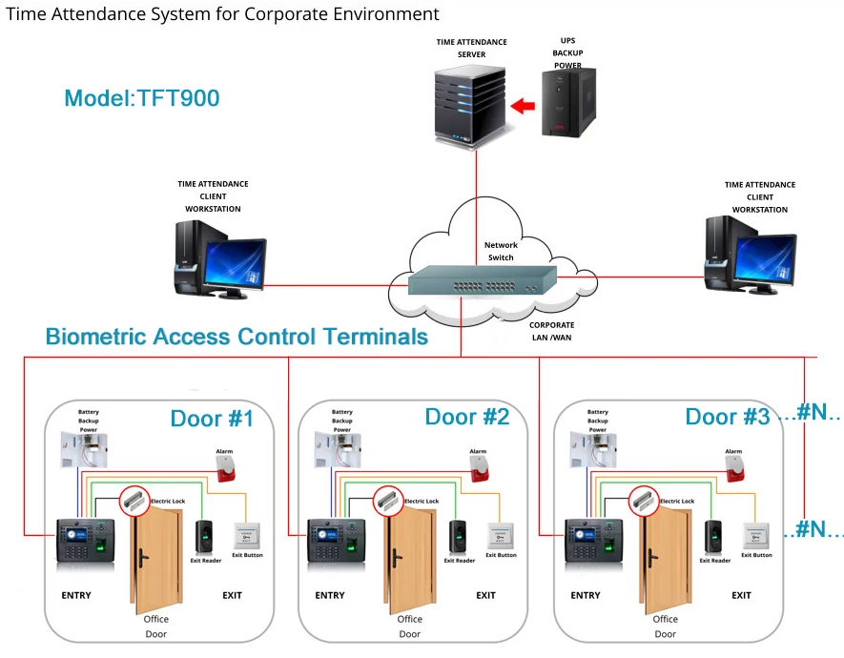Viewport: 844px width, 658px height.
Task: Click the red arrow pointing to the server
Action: (523, 107)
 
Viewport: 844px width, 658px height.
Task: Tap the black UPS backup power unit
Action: (568, 102)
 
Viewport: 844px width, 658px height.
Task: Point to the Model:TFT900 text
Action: (142, 98)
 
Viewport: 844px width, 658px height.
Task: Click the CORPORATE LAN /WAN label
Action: (552, 331)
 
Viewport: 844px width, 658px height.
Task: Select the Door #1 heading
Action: (213, 419)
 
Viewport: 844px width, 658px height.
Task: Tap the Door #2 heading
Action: (467, 417)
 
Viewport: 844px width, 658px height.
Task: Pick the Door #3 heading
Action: (726, 417)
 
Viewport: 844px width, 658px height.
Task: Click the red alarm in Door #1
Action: (227, 468)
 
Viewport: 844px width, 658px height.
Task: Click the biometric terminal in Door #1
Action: (85, 541)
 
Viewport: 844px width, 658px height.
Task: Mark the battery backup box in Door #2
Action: (345, 448)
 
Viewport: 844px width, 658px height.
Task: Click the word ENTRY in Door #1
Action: (76, 596)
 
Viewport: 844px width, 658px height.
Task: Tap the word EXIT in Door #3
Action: (741, 596)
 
